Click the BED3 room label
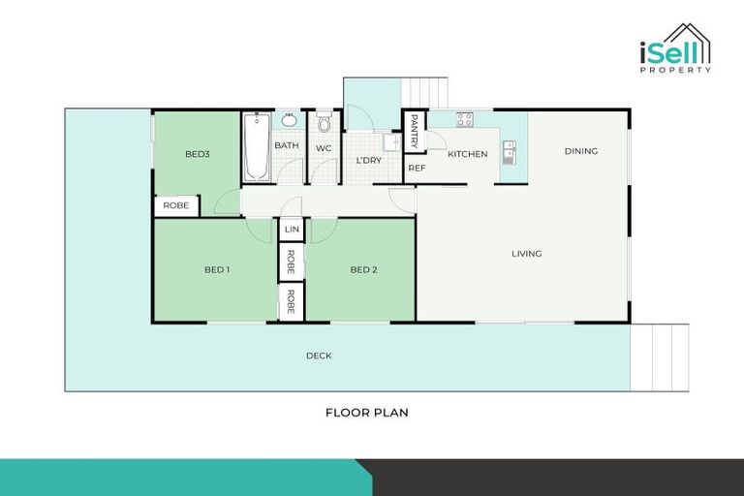(198, 154)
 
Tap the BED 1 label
(216, 269)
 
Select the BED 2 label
(362, 269)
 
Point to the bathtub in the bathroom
(256, 147)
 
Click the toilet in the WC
(324, 122)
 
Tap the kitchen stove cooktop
(464, 120)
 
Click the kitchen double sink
(509, 151)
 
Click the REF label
(417, 169)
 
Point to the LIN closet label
(292, 230)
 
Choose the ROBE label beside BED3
(175, 205)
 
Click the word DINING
(581, 151)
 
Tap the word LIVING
(526, 254)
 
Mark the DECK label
(319, 356)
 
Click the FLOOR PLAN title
(366, 412)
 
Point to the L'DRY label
(367, 160)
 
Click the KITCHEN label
(467, 154)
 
